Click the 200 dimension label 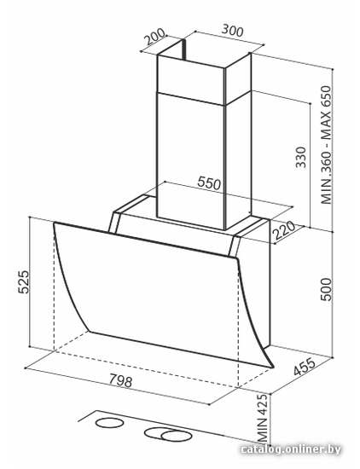click(x=154, y=37)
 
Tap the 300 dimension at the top click(x=233, y=30)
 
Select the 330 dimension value click(x=300, y=157)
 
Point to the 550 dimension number click(x=209, y=183)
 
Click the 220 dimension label click(x=284, y=230)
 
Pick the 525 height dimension click(x=24, y=281)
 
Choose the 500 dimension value click(x=326, y=289)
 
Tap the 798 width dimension click(x=120, y=381)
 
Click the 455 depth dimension click(x=305, y=367)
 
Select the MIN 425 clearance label click(x=263, y=419)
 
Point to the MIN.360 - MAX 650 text click(x=326, y=145)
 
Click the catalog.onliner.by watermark click(x=291, y=449)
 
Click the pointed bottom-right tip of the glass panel click(x=273, y=367)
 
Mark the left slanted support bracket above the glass click(x=115, y=223)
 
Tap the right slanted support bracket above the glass click(x=234, y=246)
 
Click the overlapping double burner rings click(x=167, y=434)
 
